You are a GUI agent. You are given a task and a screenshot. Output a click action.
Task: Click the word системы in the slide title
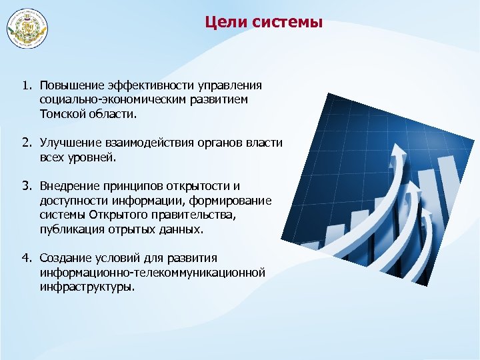pyautogui.click(x=288, y=23)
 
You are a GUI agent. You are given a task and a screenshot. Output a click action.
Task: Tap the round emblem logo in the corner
pyautogui.click(x=27, y=29)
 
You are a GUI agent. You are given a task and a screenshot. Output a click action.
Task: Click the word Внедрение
pyautogui.click(x=69, y=186)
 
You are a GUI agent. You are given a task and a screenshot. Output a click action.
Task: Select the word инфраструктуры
pyautogui.click(x=87, y=287)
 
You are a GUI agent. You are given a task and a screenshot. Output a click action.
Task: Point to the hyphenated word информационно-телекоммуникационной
pyautogui.click(x=152, y=273)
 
